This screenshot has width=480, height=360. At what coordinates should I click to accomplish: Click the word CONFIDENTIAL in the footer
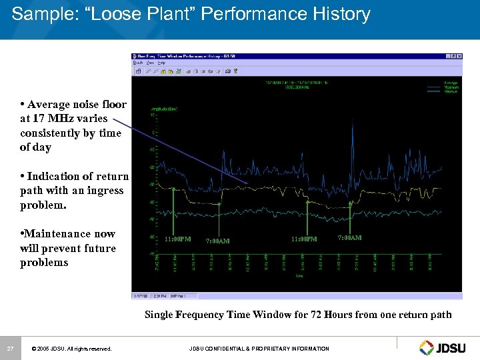(231, 349)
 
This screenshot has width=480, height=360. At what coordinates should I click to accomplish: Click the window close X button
(457, 57)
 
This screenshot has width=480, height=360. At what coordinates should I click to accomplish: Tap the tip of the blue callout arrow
(247, 184)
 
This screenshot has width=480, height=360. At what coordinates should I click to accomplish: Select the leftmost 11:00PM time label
(177, 239)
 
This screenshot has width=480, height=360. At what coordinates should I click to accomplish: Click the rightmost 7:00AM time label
(350, 238)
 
